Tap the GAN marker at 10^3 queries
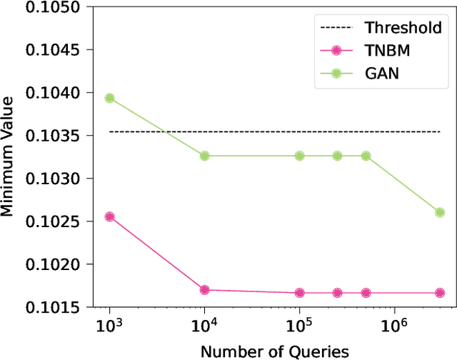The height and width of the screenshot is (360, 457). click(109, 98)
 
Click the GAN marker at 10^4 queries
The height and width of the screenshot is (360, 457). click(204, 156)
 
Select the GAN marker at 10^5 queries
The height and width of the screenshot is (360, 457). click(299, 156)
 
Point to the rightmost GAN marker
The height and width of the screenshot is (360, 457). click(440, 212)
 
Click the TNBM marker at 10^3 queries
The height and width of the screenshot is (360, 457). click(109, 216)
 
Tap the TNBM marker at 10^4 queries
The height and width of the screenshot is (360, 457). click(204, 290)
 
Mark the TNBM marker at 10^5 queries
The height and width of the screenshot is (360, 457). click(299, 293)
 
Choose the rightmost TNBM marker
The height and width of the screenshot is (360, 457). click(440, 293)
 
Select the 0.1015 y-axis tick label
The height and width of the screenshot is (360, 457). click(53, 307)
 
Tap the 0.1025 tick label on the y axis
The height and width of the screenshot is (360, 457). click(53, 221)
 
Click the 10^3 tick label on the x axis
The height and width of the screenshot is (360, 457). click(109, 326)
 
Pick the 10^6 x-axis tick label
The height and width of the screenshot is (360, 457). click(394, 326)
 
